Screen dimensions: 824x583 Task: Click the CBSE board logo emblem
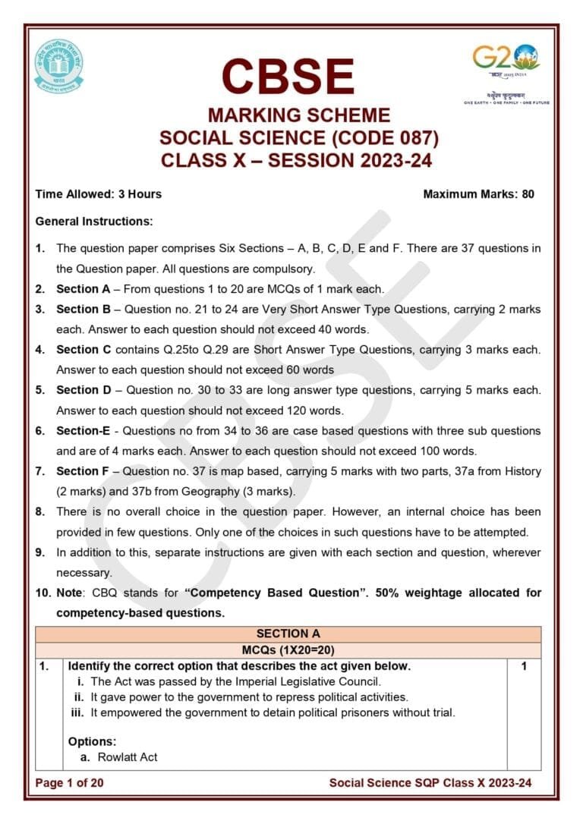tap(58, 66)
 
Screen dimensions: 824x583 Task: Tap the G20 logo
tap(506, 60)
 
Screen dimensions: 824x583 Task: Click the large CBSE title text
tap(288, 77)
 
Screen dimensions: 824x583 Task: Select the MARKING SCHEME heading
tap(299, 116)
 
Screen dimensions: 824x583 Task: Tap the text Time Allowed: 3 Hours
tap(99, 194)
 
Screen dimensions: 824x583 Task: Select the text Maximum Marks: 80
tap(478, 194)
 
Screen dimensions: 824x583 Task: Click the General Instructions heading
tap(94, 222)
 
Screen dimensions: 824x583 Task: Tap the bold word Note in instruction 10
tap(70, 593)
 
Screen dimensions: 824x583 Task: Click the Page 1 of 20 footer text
tap(69, 783)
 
